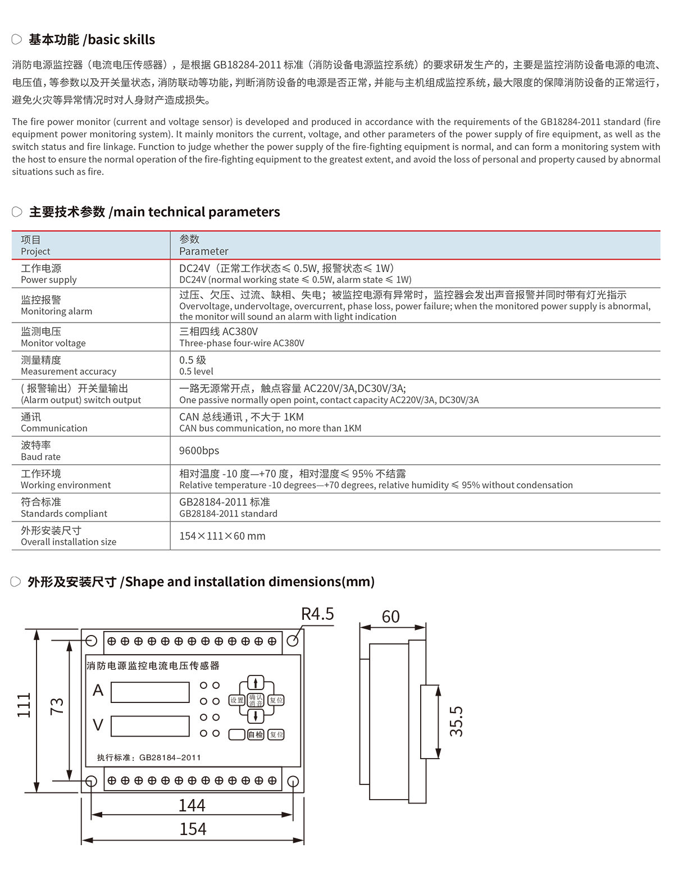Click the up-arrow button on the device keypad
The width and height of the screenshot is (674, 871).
coord(256,683)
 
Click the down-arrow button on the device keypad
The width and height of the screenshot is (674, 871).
coord(256,716)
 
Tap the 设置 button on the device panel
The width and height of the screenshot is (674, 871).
coord(237,700)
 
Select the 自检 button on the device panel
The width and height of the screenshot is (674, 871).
coord(256,734)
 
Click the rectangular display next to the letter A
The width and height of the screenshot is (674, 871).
coord(150,692)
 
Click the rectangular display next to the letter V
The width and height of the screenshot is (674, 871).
coord(150,726)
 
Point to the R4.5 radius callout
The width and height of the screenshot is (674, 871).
coord(317,614)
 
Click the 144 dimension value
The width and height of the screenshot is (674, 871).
coord(192,805)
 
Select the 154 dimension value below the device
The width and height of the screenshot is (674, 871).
coord(193,829)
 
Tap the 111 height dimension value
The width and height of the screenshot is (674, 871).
coord(24,705)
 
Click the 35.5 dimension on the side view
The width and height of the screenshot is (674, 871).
coord(456,722)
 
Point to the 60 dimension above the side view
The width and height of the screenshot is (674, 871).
coord(390,617)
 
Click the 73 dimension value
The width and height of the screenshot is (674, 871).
coord(57,706)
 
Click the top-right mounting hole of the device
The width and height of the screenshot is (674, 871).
coord(293,641)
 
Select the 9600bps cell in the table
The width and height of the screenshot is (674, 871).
coord(199,451)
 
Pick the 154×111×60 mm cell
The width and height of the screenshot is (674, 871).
coord(222,536)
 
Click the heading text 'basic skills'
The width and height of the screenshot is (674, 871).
coord(121,39)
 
